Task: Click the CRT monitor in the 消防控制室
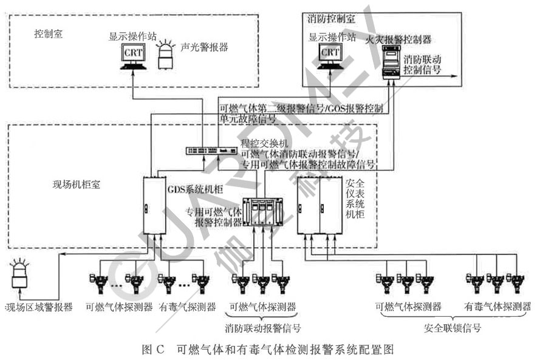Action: (x=330, y=55)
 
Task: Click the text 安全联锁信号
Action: (x=453, y=329)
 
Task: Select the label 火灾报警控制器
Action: (x=399, y=39)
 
